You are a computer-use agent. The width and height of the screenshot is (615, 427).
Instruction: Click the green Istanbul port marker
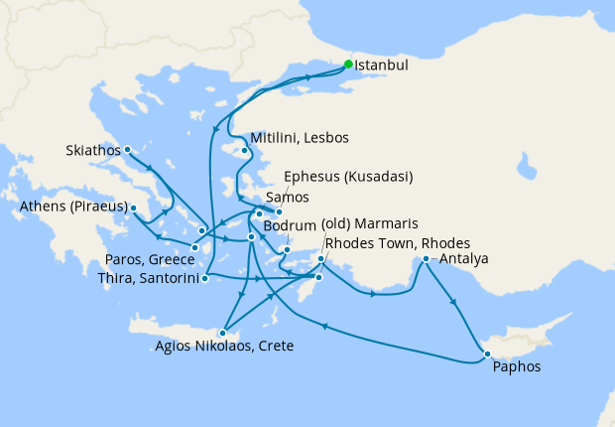coord(348,65)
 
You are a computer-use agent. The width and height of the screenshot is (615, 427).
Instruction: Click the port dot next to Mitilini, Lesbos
coord(245,152)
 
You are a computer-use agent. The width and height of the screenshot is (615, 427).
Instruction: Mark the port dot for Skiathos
coord(128,151)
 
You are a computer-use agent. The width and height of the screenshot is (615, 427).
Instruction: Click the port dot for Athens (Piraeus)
coord(134,209)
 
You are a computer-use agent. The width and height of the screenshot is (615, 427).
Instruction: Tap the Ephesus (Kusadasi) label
coord(348,177)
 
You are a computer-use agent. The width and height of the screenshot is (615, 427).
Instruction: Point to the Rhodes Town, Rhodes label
coord(398,243)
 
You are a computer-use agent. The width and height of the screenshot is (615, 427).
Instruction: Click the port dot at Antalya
coord(427,259)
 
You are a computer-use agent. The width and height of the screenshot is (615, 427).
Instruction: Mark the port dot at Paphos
coord(486,354)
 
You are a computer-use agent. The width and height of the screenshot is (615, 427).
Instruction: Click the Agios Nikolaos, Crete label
coord(224,347)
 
